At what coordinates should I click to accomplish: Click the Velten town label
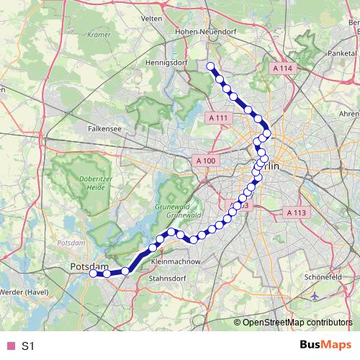[x=152, y=18]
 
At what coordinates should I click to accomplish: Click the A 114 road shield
[x=284, y=68]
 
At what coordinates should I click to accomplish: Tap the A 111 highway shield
[x=218, y=117]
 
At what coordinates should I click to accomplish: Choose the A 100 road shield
[x=204, y=161]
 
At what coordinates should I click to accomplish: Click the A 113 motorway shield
[x=297, y=212]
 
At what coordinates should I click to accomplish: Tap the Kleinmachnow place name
[x=176, y=262]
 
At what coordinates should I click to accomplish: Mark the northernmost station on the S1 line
[x=211, y=67]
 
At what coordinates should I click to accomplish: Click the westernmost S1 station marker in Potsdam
[x=93, y=274]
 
